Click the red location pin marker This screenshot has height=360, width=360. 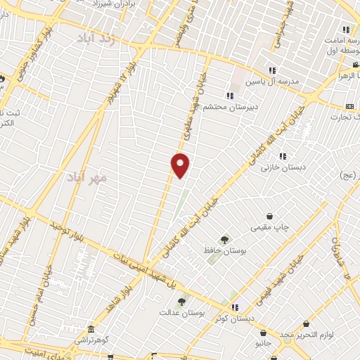(x=181, y=165)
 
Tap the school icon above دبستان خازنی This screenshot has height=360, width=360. (x=282, y=156)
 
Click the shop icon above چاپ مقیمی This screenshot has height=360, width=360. (x=269, y=217)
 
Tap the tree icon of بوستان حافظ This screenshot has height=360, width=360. (x=225, y=241)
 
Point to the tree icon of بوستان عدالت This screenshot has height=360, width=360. (x=181, y=301)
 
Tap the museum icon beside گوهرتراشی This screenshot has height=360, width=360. (x=91, y=329)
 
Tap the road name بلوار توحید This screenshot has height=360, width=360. (x=64, y=231)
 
